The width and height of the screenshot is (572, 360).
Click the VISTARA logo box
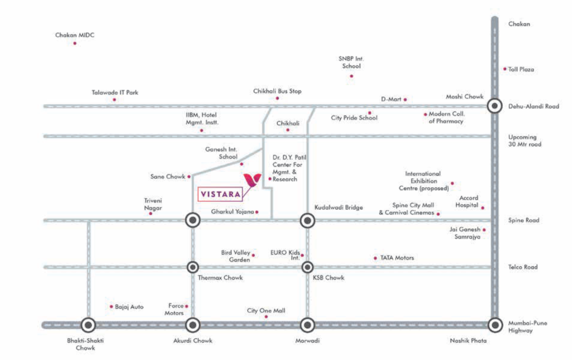(221, 194)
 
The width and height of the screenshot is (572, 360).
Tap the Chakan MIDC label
(75, 35)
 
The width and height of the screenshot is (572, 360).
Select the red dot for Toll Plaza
(505, 69)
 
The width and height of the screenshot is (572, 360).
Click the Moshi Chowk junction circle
(494, 106)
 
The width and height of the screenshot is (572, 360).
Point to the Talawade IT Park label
(115, 92)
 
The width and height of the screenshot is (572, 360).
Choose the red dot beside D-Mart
(406, 100)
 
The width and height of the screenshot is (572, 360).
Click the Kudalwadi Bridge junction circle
(307, 220)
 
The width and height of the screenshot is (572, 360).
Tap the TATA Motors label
(397, 258)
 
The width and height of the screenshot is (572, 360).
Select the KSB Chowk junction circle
(307, 267)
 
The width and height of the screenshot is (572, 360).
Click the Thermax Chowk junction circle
(193, 267)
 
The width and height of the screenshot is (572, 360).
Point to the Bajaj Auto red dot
(112, 306)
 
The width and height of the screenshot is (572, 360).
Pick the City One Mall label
(266, 310)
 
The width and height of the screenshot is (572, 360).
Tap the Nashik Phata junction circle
(494, 324)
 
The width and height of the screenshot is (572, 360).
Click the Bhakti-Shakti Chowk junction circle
(88, 324)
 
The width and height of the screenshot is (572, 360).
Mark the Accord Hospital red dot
(483, 208)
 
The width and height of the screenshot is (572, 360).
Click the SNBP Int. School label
(351, 62)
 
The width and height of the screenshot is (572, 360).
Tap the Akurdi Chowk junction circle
(193, 324)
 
